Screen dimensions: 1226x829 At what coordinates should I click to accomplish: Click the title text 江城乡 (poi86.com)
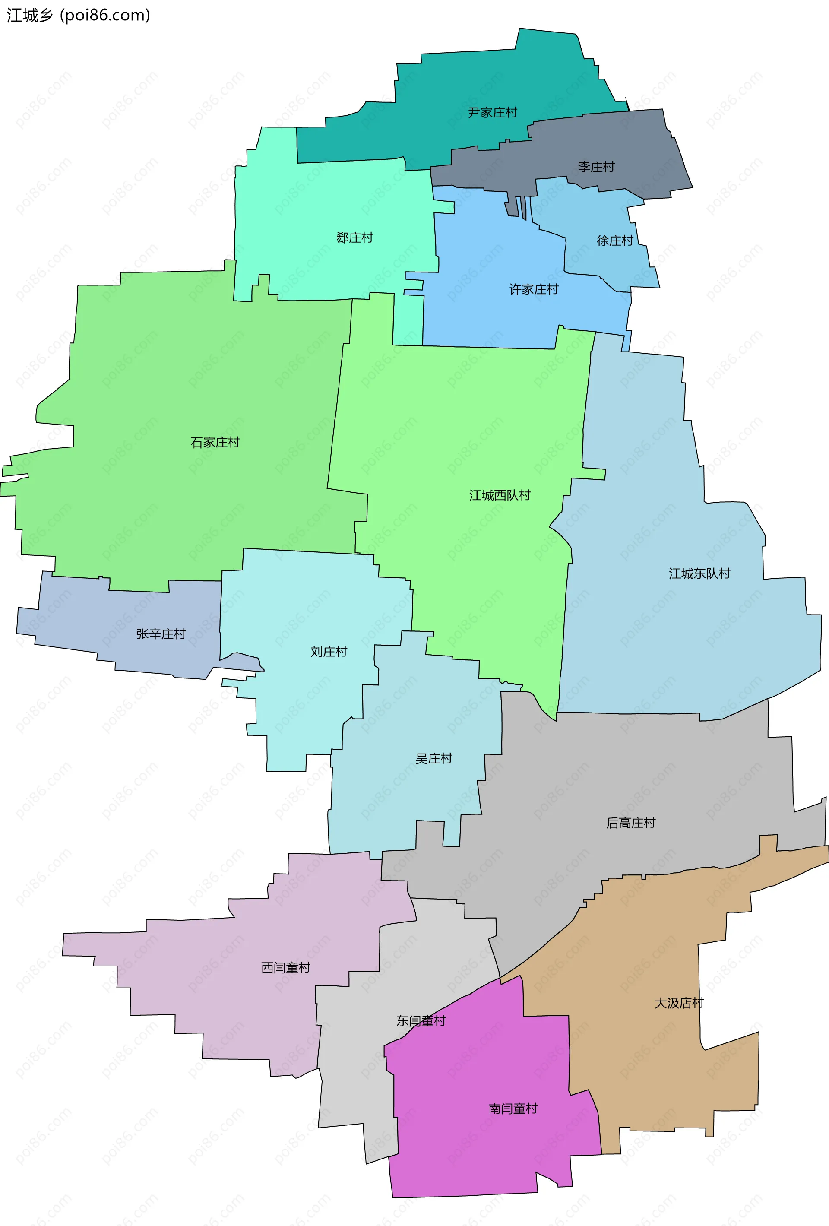79,15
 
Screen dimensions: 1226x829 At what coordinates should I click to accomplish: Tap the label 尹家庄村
493,112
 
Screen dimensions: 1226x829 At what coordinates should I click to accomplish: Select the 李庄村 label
596,167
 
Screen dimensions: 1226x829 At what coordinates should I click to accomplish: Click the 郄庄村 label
355,238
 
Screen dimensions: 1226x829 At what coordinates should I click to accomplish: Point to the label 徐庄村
615,241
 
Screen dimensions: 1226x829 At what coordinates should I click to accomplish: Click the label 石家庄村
215,442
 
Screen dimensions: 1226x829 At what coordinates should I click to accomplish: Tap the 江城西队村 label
500,495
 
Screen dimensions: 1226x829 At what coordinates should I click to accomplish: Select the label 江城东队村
699,573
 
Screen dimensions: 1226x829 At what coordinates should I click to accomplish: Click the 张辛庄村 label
161,634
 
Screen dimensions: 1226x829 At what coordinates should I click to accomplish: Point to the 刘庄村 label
329,652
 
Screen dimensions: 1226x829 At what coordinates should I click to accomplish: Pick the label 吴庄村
434,759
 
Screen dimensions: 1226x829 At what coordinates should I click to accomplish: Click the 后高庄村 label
631,823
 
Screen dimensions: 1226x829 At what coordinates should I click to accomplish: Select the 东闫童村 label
421,1021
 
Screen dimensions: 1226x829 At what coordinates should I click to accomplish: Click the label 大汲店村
679,1003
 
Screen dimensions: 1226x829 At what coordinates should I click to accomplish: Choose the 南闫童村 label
513,1109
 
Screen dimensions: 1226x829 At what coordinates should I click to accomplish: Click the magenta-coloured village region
475,1150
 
